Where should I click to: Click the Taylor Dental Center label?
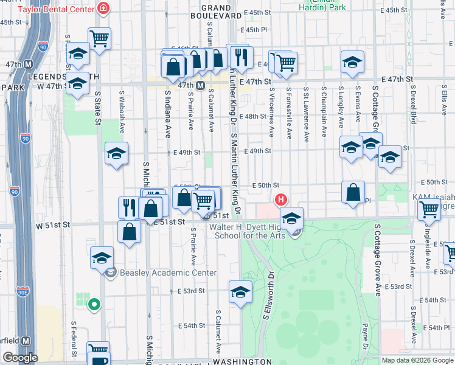56,9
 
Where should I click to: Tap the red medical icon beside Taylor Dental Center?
103,8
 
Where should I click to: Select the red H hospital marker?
280,199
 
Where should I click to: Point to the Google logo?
19,358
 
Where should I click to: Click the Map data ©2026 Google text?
418,360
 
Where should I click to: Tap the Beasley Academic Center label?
168,273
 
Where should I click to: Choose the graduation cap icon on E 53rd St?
241,291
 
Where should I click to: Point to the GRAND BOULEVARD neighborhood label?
211,12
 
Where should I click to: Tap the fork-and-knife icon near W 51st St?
129,207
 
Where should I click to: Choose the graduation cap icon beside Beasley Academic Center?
102,257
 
